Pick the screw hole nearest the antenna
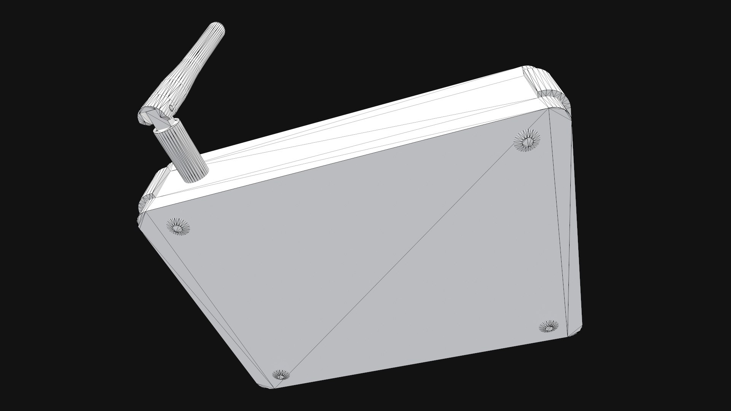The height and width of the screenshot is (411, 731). (178, 228)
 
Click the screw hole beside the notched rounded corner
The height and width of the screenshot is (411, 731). (527, 140)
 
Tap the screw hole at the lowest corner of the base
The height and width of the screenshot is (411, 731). (281, 376)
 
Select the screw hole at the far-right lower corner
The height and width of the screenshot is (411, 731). (549, 327)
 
